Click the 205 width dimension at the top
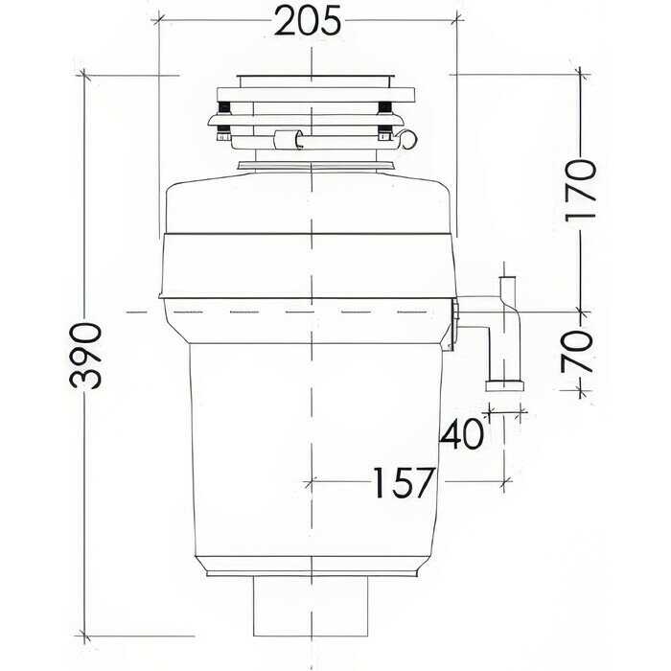(310, 20)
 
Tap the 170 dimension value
(581, 190)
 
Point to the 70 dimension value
(578, 351)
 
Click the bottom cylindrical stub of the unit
(311, 607)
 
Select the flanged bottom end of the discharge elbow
(505, 385)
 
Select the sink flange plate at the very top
(311, 76)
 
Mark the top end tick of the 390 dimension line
(86, 75)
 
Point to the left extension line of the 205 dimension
(158, 125)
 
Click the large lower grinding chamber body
(311, 451)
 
